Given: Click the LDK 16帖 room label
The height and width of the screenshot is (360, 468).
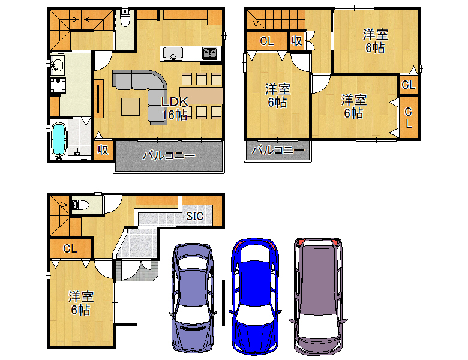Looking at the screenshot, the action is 175,108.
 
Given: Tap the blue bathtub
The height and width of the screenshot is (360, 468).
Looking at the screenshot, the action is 59,140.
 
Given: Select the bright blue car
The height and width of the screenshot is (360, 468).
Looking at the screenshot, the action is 254,296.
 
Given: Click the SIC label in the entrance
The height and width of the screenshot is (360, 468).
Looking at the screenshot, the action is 194,216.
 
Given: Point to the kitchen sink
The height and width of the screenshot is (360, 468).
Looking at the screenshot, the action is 173,54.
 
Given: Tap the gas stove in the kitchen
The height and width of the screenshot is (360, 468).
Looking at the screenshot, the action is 210,53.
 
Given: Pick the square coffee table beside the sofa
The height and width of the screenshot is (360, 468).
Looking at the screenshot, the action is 130,107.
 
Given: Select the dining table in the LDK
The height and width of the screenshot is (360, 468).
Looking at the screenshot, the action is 202,95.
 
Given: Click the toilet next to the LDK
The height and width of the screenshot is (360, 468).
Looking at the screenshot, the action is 125,19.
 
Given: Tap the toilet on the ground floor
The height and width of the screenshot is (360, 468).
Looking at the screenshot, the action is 80,205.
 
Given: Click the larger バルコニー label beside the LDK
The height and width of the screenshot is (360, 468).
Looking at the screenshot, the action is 169,155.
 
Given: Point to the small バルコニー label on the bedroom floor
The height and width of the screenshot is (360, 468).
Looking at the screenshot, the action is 278,150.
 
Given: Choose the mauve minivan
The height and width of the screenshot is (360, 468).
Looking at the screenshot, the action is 318,296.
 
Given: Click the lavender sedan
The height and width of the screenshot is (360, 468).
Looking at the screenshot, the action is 193,298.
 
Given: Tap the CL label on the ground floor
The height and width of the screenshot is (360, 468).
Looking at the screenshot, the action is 70,248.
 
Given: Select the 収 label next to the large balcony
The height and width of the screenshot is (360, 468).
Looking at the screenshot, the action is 103,150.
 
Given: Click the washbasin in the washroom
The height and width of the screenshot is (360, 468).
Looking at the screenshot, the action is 57,64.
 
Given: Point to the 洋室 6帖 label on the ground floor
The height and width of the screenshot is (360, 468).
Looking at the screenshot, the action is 80,303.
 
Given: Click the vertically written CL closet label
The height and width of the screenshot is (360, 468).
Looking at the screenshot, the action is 408,118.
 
